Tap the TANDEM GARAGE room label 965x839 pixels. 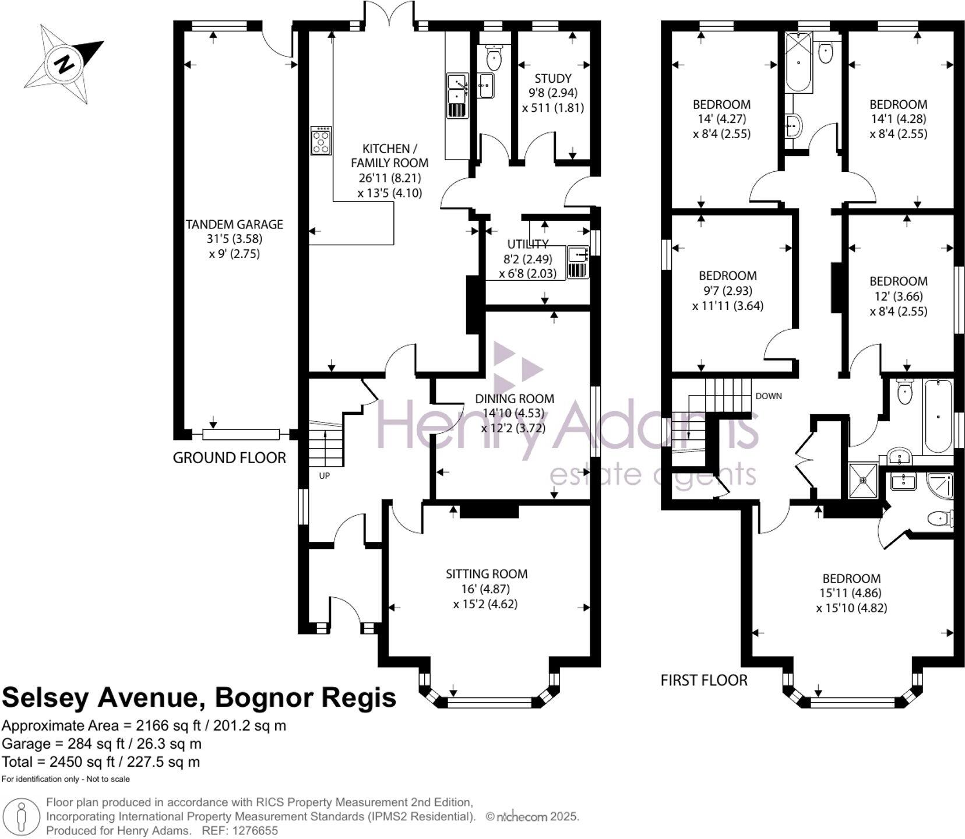pos(234,224)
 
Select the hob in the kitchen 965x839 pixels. pos(321,140)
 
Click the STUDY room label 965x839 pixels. pos(552,78)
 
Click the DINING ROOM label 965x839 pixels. pos(514,399)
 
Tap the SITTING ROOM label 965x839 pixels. pos(487,574)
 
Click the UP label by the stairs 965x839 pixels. pos(324,475)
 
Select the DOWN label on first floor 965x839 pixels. pos(768,396)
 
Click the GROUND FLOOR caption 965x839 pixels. pos(229,458)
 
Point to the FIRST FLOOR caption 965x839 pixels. pos(703,680)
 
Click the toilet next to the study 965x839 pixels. pos(494,57)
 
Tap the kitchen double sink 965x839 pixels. pos(457,88)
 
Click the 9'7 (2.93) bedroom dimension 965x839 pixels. pos(727,290)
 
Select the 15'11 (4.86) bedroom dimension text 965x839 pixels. pos(851,593)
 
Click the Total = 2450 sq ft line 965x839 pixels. pos(101,762)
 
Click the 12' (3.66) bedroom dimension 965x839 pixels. pos(898,296)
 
